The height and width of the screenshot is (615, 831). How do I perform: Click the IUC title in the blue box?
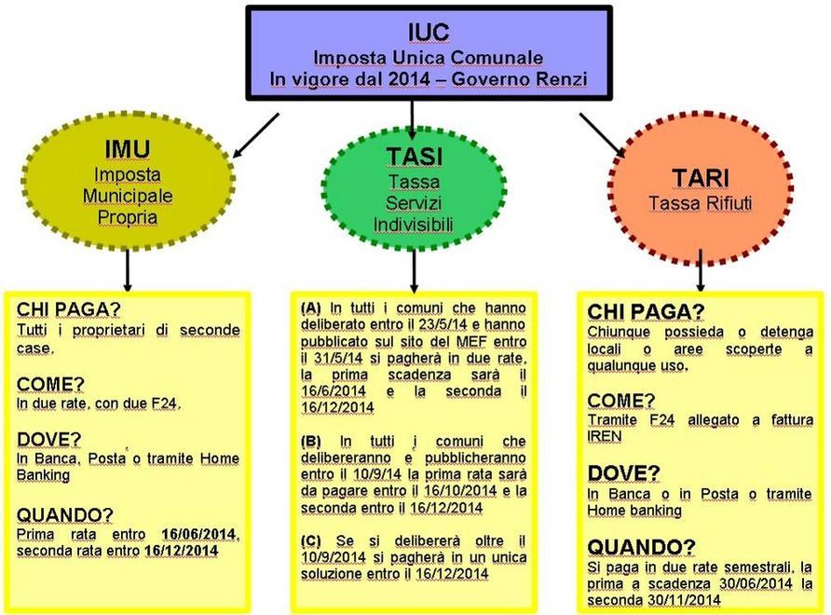pyautogui.click(x=429, y=33)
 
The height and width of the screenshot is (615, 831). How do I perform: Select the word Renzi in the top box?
pyautogui.click(x=563, y=79)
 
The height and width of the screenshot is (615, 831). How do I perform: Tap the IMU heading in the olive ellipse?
pyautogui.click(x=128, y=149)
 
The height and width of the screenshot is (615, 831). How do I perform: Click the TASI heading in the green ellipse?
pyautogui.click(x=414, y=157)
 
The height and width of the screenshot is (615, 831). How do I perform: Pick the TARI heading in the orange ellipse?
pyautogui.click(x=701, y=178)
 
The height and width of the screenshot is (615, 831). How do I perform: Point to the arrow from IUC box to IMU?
pyautogui.click(x=255, y=136)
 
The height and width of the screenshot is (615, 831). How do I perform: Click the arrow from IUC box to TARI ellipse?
pyautogui.click(x=602, y=135)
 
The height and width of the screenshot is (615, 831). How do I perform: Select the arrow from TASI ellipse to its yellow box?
pyautogui.click(x=414, y=270)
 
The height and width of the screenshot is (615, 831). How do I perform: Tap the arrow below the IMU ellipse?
pyautogui.click(x=128, y=269)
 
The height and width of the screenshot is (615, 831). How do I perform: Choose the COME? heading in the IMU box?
pyautogui.click(x=50, y=384)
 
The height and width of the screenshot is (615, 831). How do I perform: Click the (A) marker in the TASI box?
pyautogui.click(x=311, y=308)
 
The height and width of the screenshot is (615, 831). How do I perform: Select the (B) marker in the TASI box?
pyautogui.click(x=311, y=441)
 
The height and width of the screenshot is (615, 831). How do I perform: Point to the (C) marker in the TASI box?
pyautogui.click(x=311, y=540)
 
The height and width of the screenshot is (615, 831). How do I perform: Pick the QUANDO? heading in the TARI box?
pyautogui.click(x=641, y=547)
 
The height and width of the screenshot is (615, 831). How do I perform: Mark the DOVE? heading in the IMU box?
pyautogui.click(x=48, y=440)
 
